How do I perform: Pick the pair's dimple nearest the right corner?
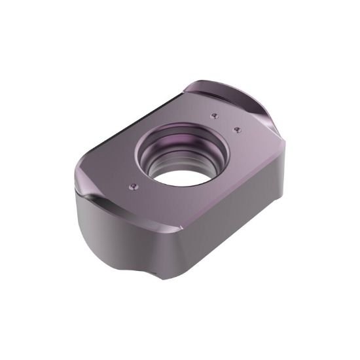pos(236,128)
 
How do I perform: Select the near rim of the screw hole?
pos(190,187)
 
